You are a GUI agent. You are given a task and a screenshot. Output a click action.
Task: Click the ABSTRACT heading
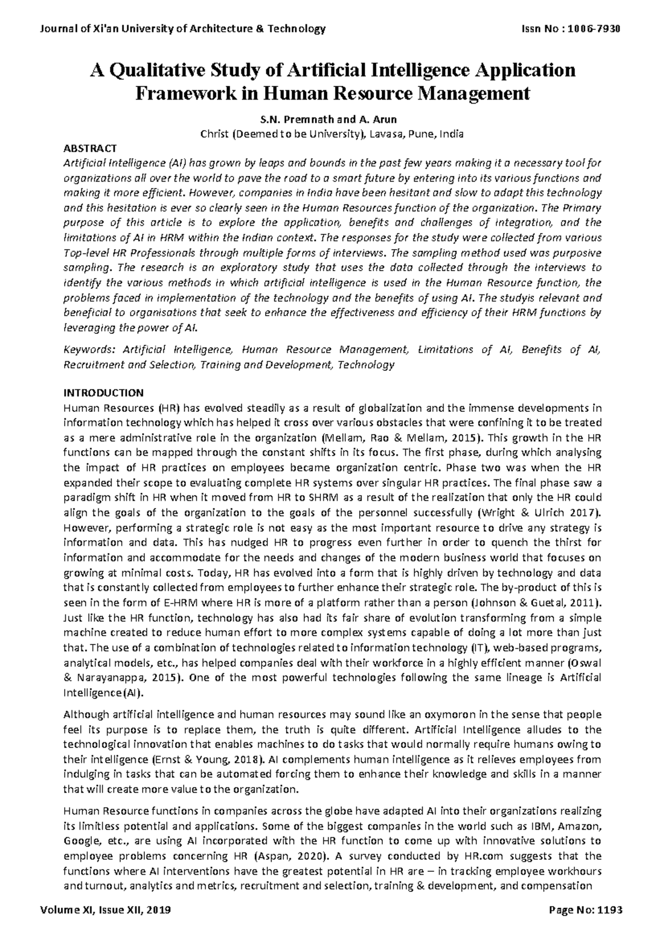(90, 148)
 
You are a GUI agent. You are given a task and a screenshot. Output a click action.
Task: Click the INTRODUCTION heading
(103, 393)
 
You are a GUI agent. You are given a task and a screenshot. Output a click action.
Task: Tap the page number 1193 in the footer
(609, 910)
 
